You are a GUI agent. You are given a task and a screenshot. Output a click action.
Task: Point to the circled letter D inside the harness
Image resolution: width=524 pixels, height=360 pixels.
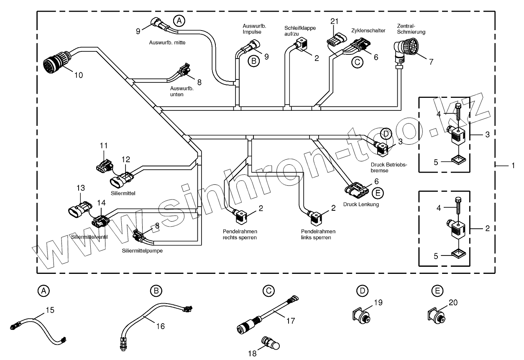point(386,134)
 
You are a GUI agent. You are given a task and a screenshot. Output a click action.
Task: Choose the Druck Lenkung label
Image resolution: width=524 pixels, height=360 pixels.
point(361,204)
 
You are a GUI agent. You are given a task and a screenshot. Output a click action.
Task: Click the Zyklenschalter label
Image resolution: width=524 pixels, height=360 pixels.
point(368,31)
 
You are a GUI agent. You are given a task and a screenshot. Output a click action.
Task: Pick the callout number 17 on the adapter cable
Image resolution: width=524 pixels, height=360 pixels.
point(290,321)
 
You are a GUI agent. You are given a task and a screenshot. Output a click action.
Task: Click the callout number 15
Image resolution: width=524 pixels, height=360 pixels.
point(50,310)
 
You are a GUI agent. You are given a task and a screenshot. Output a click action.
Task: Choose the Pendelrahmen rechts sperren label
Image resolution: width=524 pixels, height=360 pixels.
point(240,234)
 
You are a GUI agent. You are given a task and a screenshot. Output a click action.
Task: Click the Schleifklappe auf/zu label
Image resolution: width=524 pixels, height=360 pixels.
point(300,31)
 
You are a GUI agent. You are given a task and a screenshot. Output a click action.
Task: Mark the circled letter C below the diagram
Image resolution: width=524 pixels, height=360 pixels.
point(268,290)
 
